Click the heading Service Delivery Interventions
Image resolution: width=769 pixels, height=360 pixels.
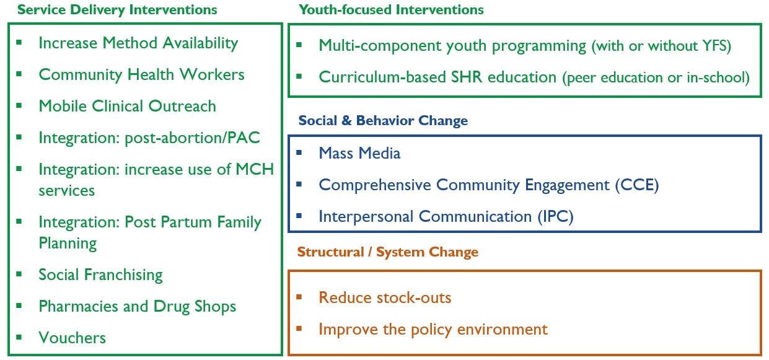coord(117,10)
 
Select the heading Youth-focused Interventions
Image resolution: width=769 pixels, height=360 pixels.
coord(391,10)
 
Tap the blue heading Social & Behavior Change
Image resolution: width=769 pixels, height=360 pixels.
coord(383,121)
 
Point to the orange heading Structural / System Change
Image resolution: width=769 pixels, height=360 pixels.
coord(387,252)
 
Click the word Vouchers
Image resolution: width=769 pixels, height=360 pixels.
coord(72,338)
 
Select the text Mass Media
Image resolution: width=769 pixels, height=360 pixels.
coord(359,153)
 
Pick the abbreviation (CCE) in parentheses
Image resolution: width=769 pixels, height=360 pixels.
coord(637,185)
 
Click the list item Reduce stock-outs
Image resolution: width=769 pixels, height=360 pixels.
coord(385,297)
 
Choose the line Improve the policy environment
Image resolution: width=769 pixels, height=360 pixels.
coord(433,330)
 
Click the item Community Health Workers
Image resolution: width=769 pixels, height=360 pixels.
coord(141,75)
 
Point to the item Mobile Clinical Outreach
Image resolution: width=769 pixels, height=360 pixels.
coord(128,106)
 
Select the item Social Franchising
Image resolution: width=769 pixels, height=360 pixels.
coord(100,275)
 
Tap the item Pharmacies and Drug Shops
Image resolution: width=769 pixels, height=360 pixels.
coord(138,307)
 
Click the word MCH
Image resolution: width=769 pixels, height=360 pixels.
coord(255,169)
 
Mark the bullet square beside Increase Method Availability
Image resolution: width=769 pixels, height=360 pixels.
coord(19,43)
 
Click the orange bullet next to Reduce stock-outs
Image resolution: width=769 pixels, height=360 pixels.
coord(299,297)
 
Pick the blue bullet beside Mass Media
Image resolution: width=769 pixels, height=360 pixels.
coord(299,152)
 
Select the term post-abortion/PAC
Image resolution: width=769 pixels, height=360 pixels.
coord(192,138)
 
